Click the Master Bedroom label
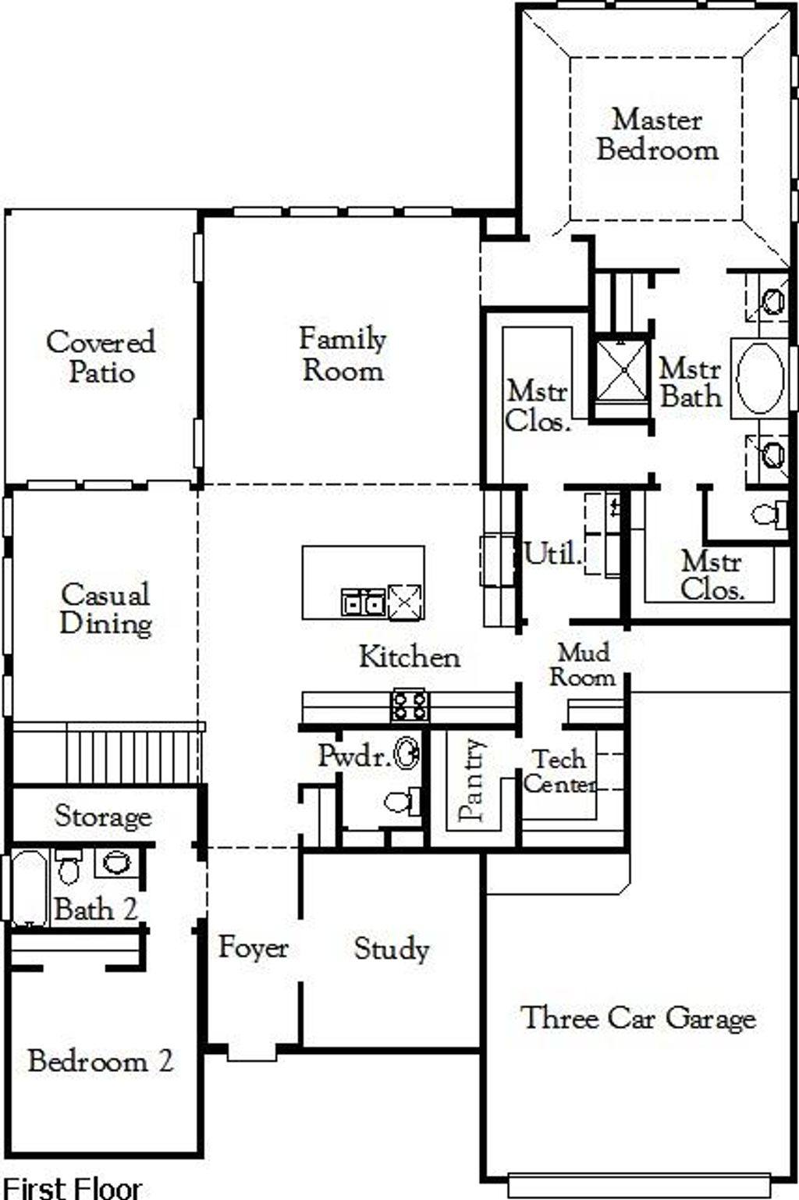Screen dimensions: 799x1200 (657, 134)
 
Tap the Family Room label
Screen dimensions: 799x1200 (343, 354)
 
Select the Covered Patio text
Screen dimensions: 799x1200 (101, 357)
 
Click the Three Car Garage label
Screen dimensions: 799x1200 (638, 1018)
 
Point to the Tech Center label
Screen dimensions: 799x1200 (559, 772)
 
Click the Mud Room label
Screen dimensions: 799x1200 (582, 665)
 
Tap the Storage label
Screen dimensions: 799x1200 (103, 817)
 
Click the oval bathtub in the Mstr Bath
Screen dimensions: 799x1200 (761, 378)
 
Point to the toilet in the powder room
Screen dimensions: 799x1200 (403, 802)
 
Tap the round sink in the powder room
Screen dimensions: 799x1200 (407, 754)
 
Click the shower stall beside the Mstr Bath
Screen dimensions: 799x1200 (623, 369)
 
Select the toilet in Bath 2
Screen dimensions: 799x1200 (69, 866)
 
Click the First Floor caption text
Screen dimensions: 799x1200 (73, 1188)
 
